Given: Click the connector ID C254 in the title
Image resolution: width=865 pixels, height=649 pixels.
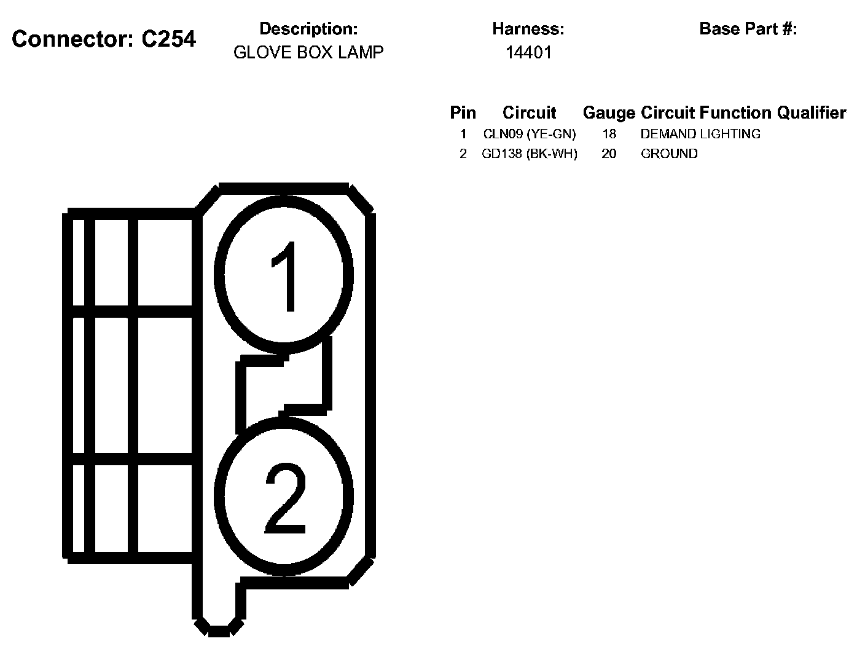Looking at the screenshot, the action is pyautogui.click(x=168, y=39).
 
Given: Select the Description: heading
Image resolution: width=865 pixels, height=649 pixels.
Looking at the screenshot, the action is pyautogui.click(x=308, y=29).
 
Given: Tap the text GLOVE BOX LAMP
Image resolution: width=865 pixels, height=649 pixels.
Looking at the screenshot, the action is pyautogui.click(x=308, y=52).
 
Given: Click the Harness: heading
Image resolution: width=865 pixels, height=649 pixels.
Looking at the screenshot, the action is pyautogui.click(x=528, y=29).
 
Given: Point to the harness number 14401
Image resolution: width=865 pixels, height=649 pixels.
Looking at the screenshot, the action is pyautogui.click(x=528, y=52).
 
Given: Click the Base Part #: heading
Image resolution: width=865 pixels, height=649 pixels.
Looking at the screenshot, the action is pyautogui.click(x=748, y=29).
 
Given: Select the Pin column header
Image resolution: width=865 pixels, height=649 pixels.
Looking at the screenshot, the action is pyautogui.click(x=463, y=113).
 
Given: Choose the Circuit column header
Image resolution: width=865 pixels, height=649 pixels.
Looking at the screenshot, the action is pyautogui.click(x=529, y=113).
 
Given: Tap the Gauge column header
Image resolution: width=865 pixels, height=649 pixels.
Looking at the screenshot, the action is pyautogui.click(x=608, y=113).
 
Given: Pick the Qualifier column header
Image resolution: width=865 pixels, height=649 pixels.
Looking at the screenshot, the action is pyautogui.click(x=811, y=113).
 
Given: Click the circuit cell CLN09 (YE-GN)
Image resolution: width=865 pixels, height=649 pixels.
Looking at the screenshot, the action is pyautogui.click(x=530, y=134).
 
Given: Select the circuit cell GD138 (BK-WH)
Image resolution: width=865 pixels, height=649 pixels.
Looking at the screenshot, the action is pyautogui.click(x=530, y=154).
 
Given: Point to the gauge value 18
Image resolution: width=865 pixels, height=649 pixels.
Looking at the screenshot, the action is pyautogui.click(x=609, y=134).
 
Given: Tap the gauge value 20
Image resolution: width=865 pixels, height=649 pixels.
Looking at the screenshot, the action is pyautogui.click(x=609, y=154).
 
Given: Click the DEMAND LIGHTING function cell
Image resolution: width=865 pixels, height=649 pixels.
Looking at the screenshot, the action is pyautogui.click(x=700, y=134).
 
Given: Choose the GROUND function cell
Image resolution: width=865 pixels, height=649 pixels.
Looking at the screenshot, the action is pyautogui.click(x=669, y=154).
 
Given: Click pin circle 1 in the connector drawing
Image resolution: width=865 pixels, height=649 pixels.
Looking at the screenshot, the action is pyautogui.click(x=284, y=275).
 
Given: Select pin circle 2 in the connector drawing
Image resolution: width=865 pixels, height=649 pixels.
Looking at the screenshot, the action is pyautogui.click(x=284, y=497).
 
